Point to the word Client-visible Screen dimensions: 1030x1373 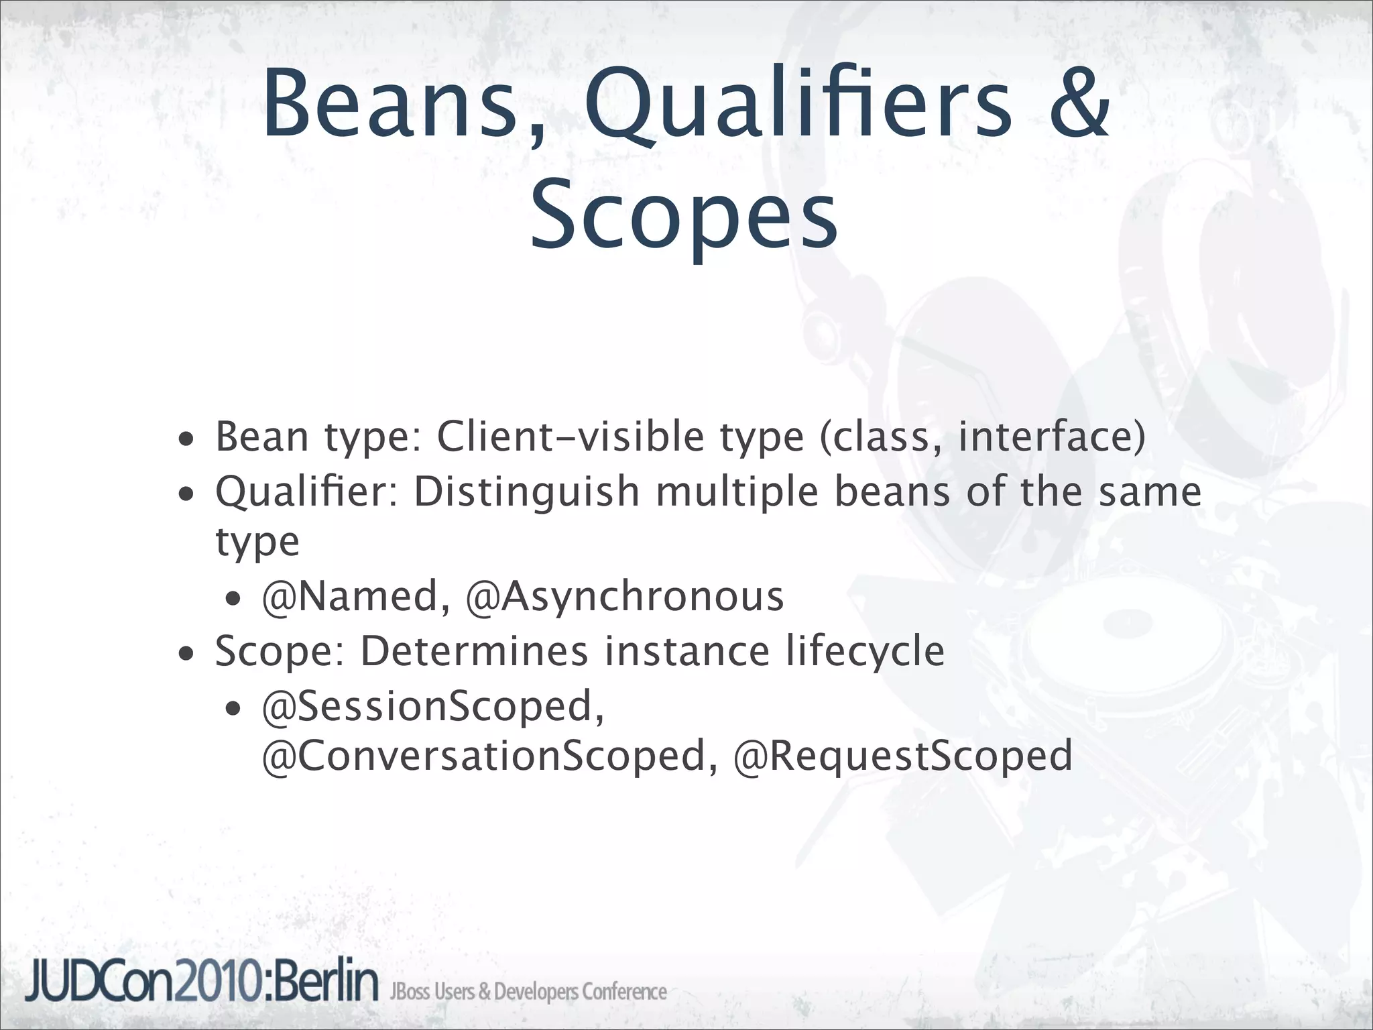570,437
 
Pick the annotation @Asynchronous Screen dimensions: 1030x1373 624,596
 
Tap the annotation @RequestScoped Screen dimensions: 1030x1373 902,756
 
